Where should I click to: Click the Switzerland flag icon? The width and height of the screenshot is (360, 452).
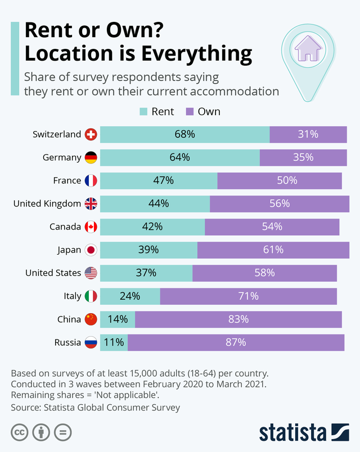pos(91,134)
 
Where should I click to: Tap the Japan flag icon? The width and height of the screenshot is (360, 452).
pos(91,250)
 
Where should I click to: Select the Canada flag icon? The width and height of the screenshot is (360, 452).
pos(91,227)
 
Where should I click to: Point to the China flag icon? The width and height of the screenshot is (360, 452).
pos(91,319)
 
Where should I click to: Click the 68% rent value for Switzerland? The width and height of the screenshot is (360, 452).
pos(184,134)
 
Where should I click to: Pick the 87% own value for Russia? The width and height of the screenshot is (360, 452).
pos(236,342)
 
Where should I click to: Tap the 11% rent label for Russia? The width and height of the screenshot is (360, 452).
pos(114,342)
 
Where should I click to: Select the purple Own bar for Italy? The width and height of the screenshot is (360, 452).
pos(248,296)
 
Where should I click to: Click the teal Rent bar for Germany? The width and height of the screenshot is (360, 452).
pos(179,157)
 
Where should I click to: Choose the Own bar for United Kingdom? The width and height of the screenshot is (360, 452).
pos(279,204)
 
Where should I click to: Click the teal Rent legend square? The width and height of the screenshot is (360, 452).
pos(143,111)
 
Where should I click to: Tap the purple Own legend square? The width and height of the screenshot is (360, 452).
pos(190,111)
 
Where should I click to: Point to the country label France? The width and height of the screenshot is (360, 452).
pos(67,180)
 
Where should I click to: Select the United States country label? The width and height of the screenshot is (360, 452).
pos(53,273)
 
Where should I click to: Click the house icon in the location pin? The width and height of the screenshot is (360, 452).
pos(307,48)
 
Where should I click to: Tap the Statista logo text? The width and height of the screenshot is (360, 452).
pos(292,432)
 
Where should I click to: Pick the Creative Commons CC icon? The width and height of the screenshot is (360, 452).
pos(19,432)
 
